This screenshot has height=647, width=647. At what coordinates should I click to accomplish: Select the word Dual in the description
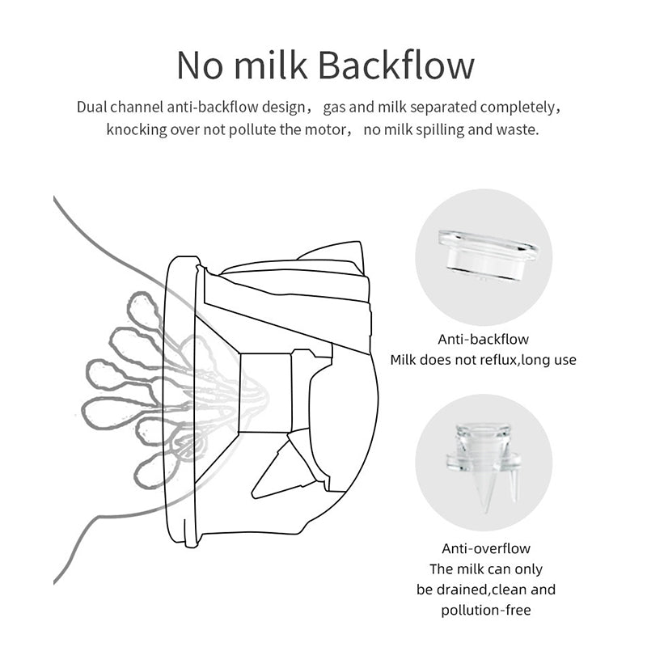click(94, 107)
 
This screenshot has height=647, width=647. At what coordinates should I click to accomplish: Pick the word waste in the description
click(518, 129)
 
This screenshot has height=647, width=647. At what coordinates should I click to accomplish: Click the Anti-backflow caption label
click(483, 340)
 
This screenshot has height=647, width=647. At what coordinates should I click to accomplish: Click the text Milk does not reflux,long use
click(483, 360)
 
